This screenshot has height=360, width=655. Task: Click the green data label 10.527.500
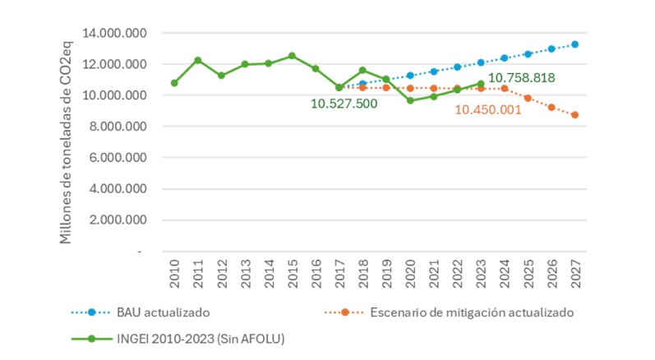pos(344,104)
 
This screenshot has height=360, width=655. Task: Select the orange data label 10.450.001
pos(488,109)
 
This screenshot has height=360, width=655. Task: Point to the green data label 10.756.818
pos(522,78)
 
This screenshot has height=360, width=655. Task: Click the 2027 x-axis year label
pos(575,276)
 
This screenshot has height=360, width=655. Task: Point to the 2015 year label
pos(293,276)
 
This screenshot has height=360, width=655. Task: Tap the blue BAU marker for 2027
pos(575,44)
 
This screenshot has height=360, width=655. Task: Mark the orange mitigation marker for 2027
pos(575,115)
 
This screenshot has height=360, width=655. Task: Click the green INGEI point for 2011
pos(198,60)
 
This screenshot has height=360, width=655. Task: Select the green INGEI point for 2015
pos(292,55)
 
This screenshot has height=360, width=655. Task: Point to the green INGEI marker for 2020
pos(410,100)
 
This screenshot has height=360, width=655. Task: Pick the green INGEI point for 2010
pos(174,83)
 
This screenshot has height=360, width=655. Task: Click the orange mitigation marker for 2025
pos(528,99)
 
